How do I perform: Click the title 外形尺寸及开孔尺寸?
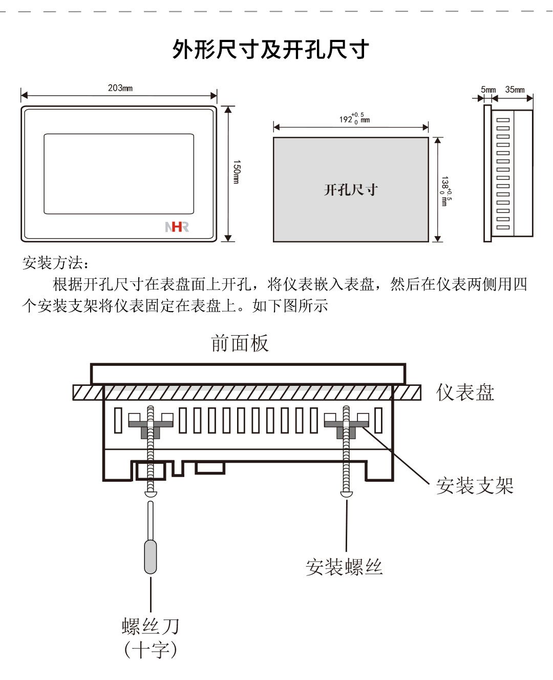(x=270, y=50)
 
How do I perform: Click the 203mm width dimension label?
(x=120, y=88)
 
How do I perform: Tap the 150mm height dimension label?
(x=236, y=172)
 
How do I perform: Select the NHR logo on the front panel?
(x=177, y=226)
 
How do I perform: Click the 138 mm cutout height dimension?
(x=446, y=191)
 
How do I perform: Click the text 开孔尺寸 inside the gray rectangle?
(x=351, y=190)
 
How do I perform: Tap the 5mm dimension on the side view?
(x=488, y=90)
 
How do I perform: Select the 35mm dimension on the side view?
(x=515, y=90)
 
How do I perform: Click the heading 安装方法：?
(x=56, y=263)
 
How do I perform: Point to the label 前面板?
(x=240, y=343)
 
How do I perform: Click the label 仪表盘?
(x=465, y=393)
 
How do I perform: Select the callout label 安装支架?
(x=475, y=485)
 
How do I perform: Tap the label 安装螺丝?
(x=344, y=567)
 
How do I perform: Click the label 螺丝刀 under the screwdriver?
(x=151, y=626)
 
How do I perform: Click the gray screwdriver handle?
(x=151, y=557)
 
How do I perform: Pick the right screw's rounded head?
(x=346, y=493)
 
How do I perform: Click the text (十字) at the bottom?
(x=151, y=650)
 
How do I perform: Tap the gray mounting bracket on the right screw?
(x=346, y=425)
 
